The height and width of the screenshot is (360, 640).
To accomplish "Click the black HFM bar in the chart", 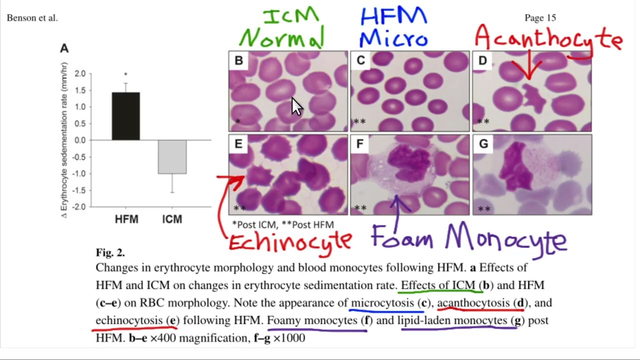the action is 126,116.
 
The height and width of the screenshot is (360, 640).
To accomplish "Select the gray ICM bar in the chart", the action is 172,157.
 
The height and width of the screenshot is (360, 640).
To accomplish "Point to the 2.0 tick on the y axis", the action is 80,73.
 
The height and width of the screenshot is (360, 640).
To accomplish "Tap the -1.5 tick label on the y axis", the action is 78,190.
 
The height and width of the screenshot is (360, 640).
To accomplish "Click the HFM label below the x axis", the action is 126,219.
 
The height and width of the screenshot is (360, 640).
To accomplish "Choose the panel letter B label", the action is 239,60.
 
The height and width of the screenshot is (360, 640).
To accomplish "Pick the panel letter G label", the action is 483,143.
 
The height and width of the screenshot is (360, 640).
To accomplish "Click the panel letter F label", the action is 360,143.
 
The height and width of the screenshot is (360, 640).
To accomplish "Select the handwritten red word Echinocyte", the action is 290,243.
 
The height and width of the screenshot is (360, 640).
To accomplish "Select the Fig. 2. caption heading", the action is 110,252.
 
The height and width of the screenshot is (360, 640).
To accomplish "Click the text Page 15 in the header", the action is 540,17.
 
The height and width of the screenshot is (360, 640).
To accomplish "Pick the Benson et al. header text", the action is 32,18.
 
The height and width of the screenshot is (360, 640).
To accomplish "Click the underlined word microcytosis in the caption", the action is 382,303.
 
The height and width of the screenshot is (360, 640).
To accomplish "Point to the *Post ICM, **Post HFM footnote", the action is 283,225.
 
